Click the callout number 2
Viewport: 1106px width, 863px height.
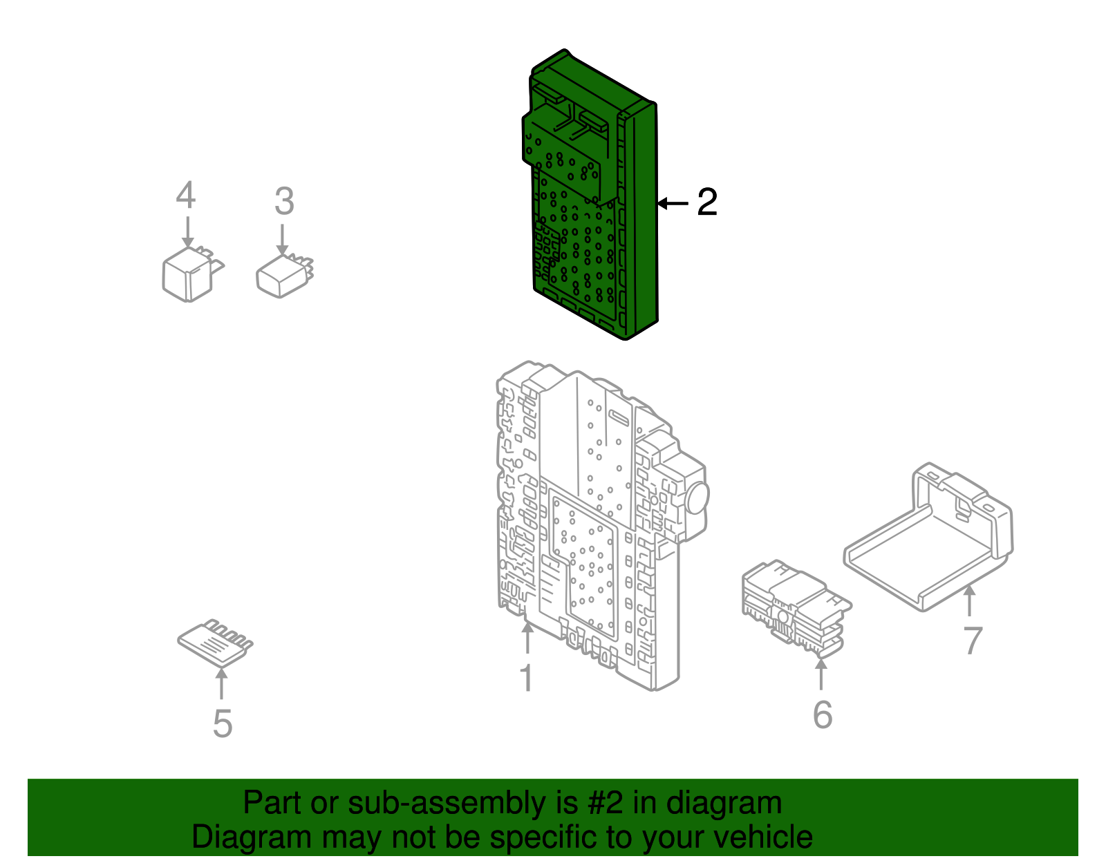707,202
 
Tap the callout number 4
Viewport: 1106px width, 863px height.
185,196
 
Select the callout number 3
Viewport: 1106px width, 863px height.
284,202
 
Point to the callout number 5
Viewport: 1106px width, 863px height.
222,723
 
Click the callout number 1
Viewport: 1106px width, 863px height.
527,678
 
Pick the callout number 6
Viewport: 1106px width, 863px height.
823,714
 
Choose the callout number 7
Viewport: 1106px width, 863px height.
973,641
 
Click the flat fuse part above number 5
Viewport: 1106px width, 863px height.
213,643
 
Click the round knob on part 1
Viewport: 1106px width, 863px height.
696,497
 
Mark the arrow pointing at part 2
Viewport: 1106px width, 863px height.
673,203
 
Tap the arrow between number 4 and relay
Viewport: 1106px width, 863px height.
188,231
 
